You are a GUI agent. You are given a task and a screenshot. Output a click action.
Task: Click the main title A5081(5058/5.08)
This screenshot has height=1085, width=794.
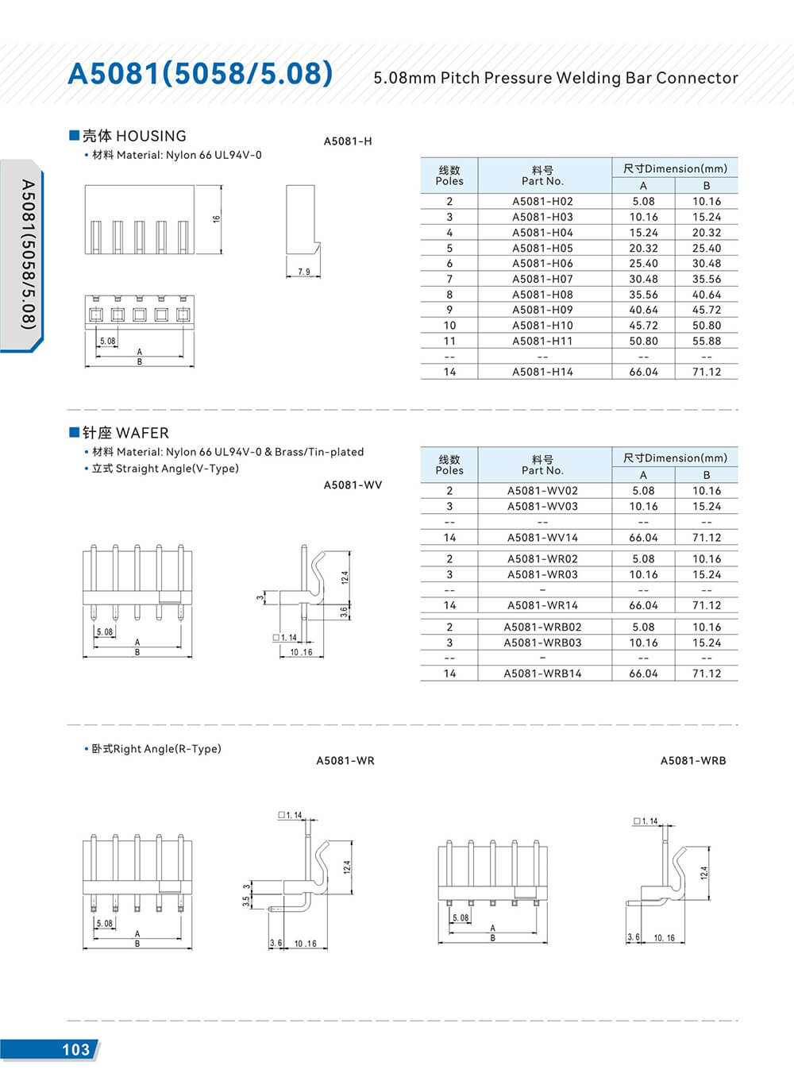click(x=200, y=73)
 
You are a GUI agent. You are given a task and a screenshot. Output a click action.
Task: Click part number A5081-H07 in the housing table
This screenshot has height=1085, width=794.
click(x=542, y=279)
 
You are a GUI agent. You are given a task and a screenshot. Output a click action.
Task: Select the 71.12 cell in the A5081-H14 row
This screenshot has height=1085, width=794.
click(x=706, y=372)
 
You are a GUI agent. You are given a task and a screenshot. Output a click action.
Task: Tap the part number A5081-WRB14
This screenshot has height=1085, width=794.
click(x=542, y=674)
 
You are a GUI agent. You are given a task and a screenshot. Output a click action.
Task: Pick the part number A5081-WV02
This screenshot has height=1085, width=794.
click(x=542, y=491)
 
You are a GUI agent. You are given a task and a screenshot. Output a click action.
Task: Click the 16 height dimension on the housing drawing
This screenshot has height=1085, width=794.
click(x=216, y=219)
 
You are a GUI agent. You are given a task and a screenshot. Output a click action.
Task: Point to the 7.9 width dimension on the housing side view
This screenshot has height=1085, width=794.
click(x=303, y=272)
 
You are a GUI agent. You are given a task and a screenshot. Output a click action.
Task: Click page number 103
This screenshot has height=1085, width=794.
click(x=75, y=1049)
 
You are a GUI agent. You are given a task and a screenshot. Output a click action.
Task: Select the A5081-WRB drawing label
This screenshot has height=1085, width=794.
click(x=692, y=760)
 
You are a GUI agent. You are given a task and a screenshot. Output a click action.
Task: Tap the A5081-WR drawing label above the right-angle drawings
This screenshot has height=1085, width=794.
click(x=345, y=760)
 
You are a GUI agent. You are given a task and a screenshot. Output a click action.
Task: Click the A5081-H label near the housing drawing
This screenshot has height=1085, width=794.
click(x=347, y=141)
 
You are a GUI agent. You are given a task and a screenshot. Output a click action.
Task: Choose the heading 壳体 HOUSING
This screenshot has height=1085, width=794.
click(x=134, y=136)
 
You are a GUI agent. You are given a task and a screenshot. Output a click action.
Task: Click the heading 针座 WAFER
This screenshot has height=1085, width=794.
click(x=125, y=433)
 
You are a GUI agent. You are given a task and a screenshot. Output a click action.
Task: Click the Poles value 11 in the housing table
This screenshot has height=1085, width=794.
click(x=449, y=341)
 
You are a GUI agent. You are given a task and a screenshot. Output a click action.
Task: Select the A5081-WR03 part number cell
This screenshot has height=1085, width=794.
click(x=542, y=574)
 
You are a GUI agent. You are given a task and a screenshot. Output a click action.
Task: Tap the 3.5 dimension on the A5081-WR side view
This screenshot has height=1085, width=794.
click(x=245, y=902)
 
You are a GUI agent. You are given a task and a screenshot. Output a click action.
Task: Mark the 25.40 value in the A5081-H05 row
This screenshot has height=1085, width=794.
click(x=706, y=248)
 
